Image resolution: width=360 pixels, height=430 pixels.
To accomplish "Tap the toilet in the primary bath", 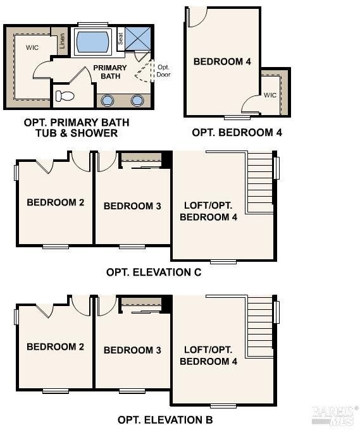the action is click(x=65, y=96).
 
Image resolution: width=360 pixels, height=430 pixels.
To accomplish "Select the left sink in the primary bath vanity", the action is click(x=107, y=101).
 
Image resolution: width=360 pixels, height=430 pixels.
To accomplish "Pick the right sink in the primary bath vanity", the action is click(x=137, y=101).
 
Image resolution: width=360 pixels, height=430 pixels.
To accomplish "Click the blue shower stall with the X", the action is click(x=138, y=39).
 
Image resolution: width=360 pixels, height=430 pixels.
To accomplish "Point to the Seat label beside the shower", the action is click(x=120, y=39).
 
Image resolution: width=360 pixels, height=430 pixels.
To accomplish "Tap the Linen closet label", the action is click(x=62, y=41).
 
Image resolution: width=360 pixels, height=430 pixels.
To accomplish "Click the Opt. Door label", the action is click(x=163, y=71).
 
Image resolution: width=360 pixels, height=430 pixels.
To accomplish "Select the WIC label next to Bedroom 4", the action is click(x=270, y=95).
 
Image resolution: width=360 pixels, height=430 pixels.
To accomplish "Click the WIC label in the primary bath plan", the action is click(x=32, y=47).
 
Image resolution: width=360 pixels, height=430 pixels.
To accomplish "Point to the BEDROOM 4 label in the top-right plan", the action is click(x=222, y=61).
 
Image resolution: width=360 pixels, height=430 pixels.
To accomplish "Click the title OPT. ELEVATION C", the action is click(x=154, y=273).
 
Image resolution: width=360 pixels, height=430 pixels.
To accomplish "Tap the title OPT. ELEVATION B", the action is click(x=165, y=420).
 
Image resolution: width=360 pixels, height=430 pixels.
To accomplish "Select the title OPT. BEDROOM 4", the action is click(x=237, y=132).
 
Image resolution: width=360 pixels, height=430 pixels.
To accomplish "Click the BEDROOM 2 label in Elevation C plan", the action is click(x=56, y=202).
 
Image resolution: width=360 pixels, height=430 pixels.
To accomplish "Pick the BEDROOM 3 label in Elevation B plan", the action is click(x=132, y=350).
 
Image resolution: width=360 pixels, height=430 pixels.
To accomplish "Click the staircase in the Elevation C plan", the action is click(x=260, y=182).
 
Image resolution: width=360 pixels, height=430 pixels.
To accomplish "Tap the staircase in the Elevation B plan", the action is click(x=260, y=327).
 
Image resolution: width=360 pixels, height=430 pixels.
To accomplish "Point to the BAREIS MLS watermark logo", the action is click(x=335, y=416).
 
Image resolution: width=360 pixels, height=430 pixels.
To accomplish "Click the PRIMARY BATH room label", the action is click(x=110, y=72).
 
